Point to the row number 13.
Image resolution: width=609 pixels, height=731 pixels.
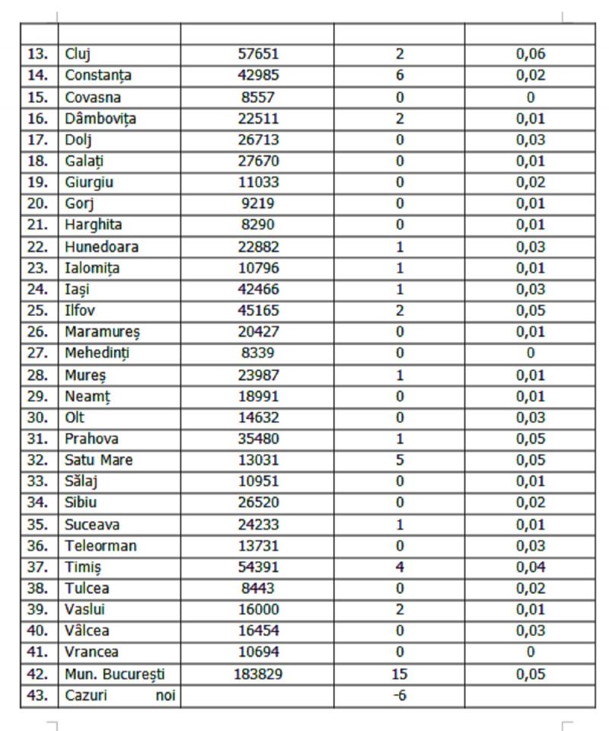[38, 54]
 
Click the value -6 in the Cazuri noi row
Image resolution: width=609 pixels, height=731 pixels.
[399, 695]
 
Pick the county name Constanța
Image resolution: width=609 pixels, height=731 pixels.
[98, 75]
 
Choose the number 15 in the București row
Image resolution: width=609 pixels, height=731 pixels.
[399, 674]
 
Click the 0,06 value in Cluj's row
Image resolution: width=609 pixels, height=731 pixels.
[530, 54]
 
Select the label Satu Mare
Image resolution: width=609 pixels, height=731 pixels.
[99, 460]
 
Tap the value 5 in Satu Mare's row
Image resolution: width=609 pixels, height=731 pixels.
[399, 460]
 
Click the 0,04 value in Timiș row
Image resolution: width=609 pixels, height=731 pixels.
[530, 567]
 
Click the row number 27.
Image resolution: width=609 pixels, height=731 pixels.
[38, 353]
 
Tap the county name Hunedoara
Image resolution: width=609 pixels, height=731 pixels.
[102, 247]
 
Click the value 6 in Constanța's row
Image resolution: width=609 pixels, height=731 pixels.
[399, 75]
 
